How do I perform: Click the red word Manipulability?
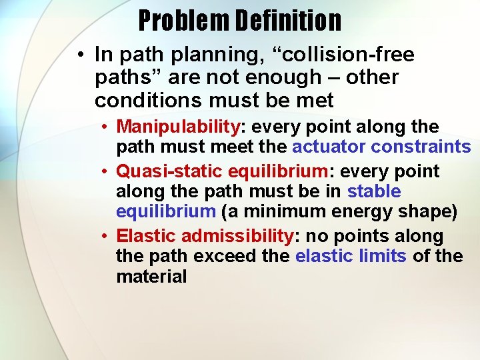(x=177, y=127)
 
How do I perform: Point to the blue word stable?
(x=374, y=191)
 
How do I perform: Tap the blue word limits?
(x=383, y=256)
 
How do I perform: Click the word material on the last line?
(x=151, y=277)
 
